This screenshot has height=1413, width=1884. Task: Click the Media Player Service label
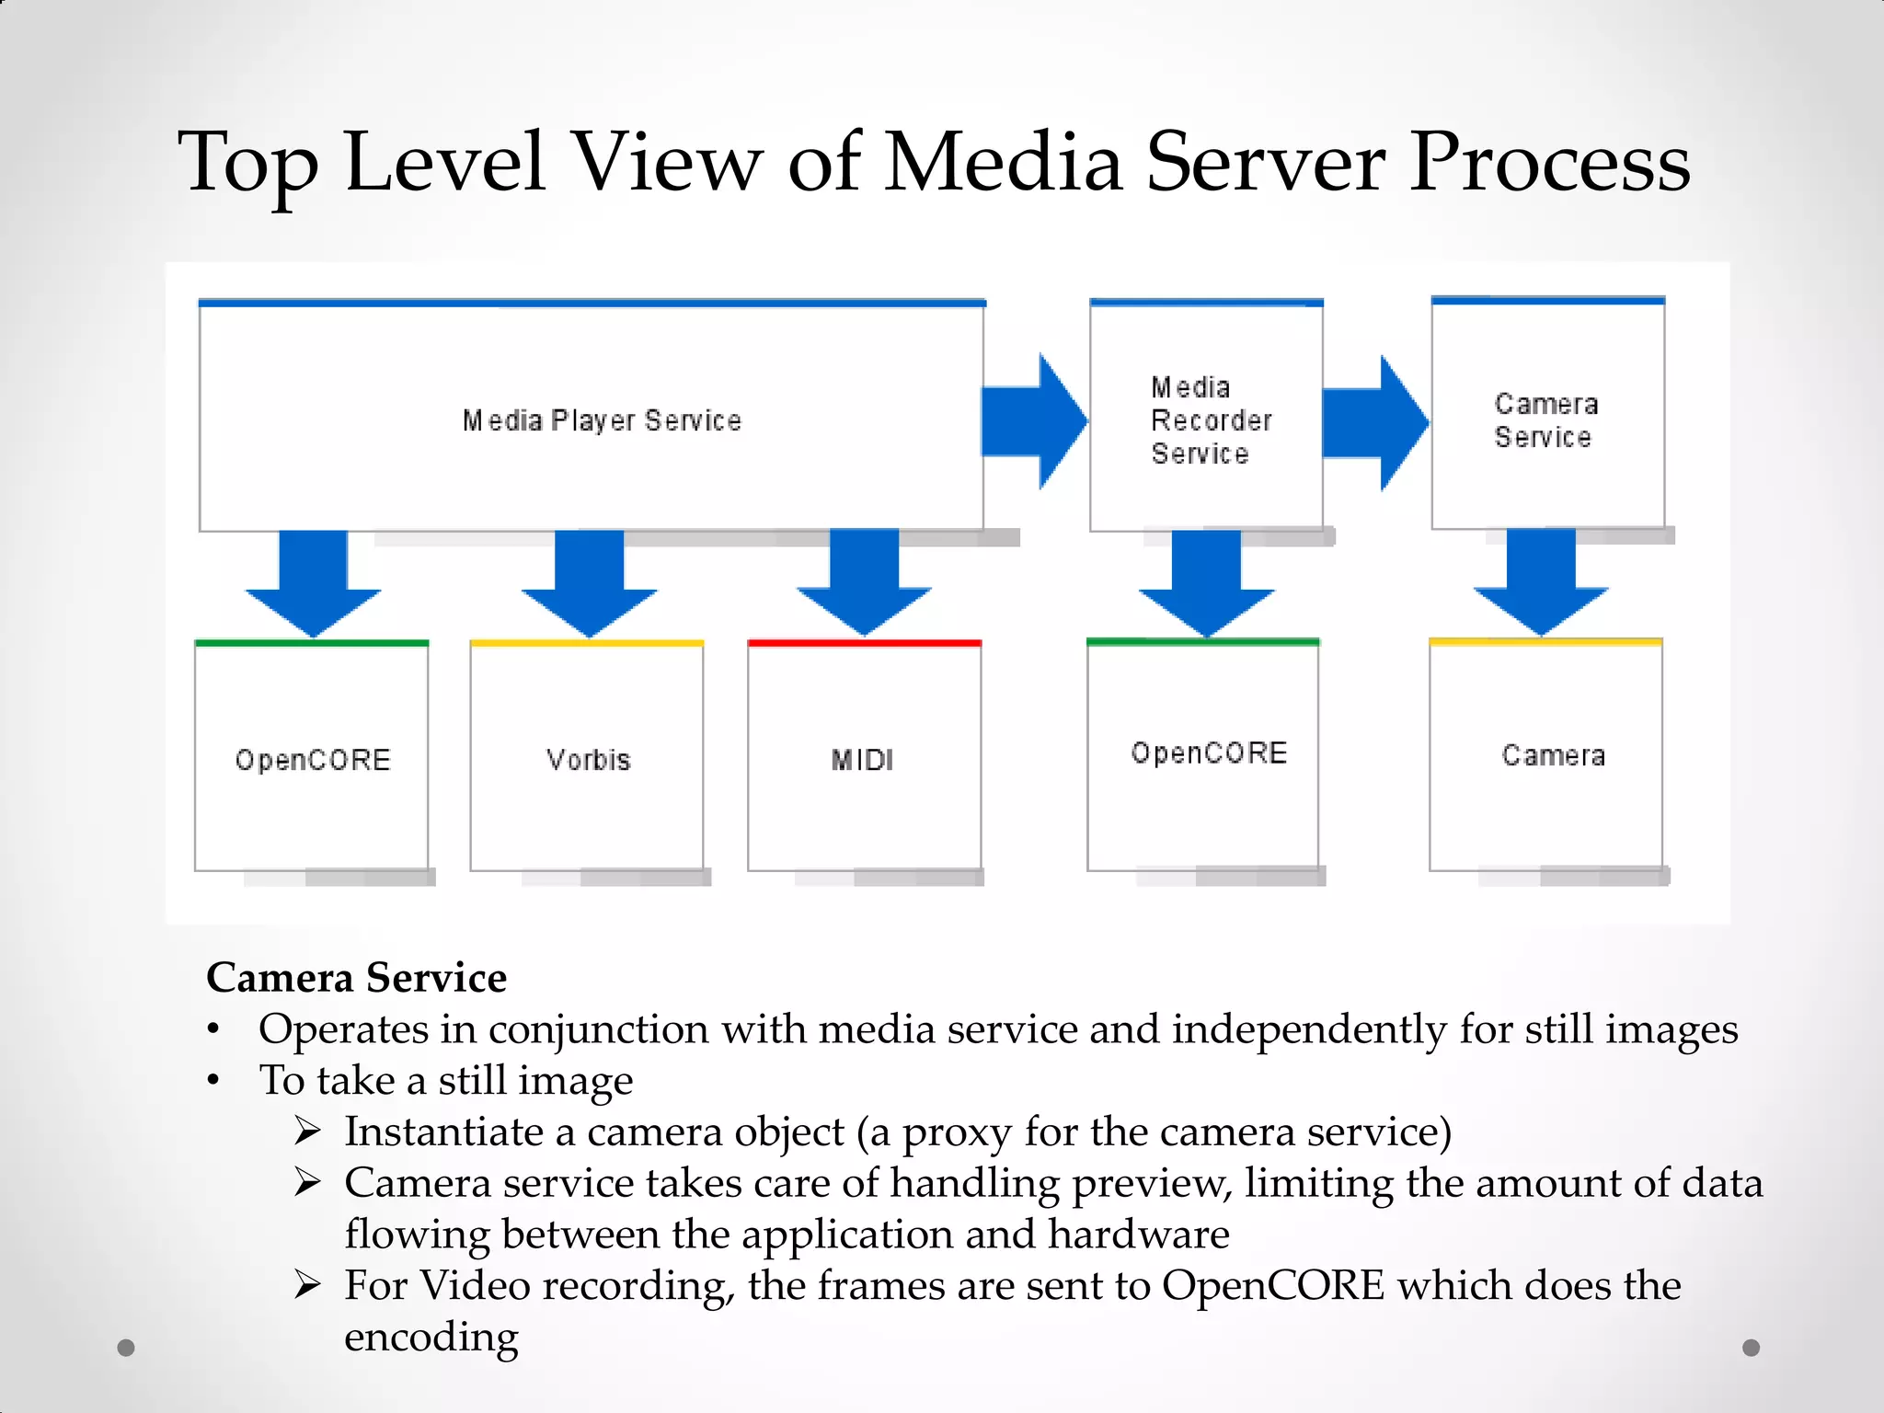tap(602, 420)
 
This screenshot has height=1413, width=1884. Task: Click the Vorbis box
tap(587, 758)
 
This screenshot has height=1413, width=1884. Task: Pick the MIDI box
tap(864, 758)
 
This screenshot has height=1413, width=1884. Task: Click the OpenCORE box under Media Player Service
tap(312, 758)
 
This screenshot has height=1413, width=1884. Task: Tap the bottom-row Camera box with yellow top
tap(1546, 756)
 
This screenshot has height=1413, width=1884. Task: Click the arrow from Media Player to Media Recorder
tap(1032, 421)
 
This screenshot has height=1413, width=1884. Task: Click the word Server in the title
tap(1265, 163)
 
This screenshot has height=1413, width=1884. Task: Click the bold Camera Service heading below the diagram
tap(356, 977)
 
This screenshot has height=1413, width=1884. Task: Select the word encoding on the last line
tap(431, 1338)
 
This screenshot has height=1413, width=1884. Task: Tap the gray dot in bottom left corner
tap(126, 1348)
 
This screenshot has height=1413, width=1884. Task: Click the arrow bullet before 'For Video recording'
tap(307, 1284)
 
